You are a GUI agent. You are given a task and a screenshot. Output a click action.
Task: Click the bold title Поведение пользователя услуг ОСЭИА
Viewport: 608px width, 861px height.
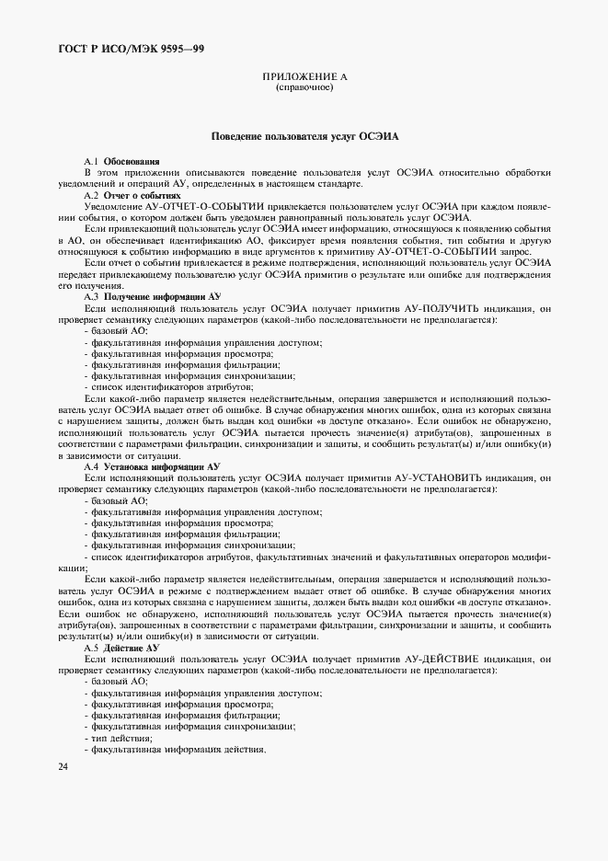pyautogui.click(x=304, y=135)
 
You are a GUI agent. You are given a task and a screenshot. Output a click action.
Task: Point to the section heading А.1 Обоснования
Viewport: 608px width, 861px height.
pyautogui.click(x=120, y=161)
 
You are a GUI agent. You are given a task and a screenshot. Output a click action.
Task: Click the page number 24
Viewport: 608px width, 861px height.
pyautogui.click(x=63, y=765)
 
